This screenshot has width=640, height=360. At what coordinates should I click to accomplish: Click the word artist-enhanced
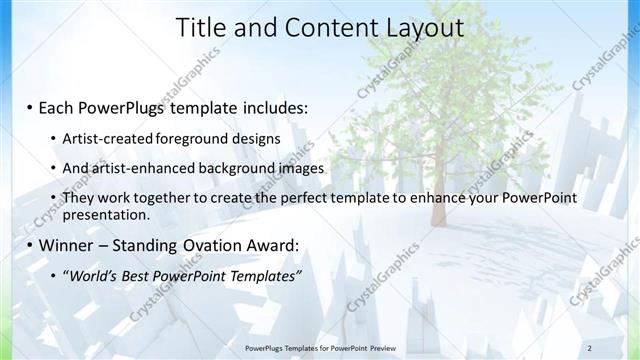140,168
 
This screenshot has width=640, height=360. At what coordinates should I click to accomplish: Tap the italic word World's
92,275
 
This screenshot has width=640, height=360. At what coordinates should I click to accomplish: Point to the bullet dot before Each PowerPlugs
31,107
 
